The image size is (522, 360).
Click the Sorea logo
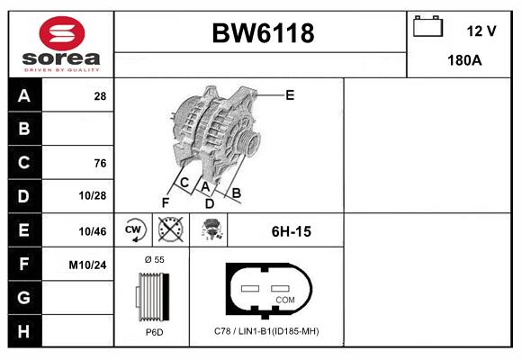coord(60,44)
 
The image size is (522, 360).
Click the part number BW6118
coord(262,33)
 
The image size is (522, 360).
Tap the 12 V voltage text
coord(481,31)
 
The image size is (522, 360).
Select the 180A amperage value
coord(465,61)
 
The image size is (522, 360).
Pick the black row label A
coord(24,96)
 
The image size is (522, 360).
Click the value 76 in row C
coord(100,164)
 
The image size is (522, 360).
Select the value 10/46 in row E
coord(93,231)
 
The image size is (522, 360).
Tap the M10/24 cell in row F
coord(87,265)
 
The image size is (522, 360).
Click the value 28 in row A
coord(100,96)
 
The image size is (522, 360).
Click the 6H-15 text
coord(291,231)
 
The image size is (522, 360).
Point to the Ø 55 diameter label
coord(153,259)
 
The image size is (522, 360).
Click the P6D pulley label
coord(153,332)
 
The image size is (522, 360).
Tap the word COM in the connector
coord(285,299)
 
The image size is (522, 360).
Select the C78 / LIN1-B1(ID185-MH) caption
coord(266,331)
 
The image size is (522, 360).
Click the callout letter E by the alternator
coord(290,94)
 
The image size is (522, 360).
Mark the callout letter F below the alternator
coord(165,202)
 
